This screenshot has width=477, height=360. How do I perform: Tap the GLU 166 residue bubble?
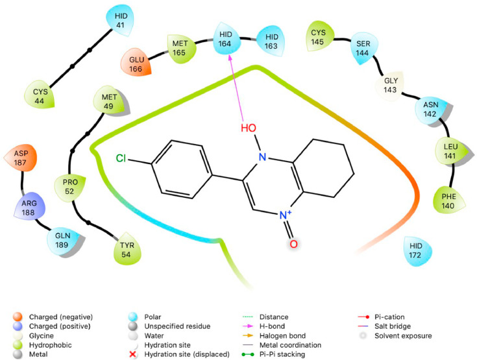point(134,65)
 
